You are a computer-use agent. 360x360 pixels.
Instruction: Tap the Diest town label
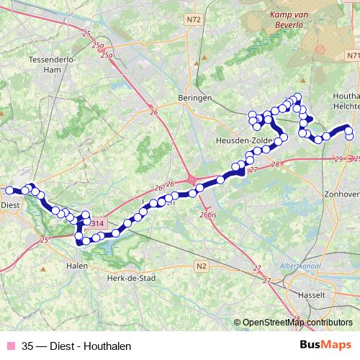click(10, 204)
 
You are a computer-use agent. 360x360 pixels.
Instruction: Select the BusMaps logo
click(325, 346)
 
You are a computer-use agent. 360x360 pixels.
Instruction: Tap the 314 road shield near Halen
click(98, 224)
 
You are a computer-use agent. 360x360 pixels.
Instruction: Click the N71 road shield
click(352, 55)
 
